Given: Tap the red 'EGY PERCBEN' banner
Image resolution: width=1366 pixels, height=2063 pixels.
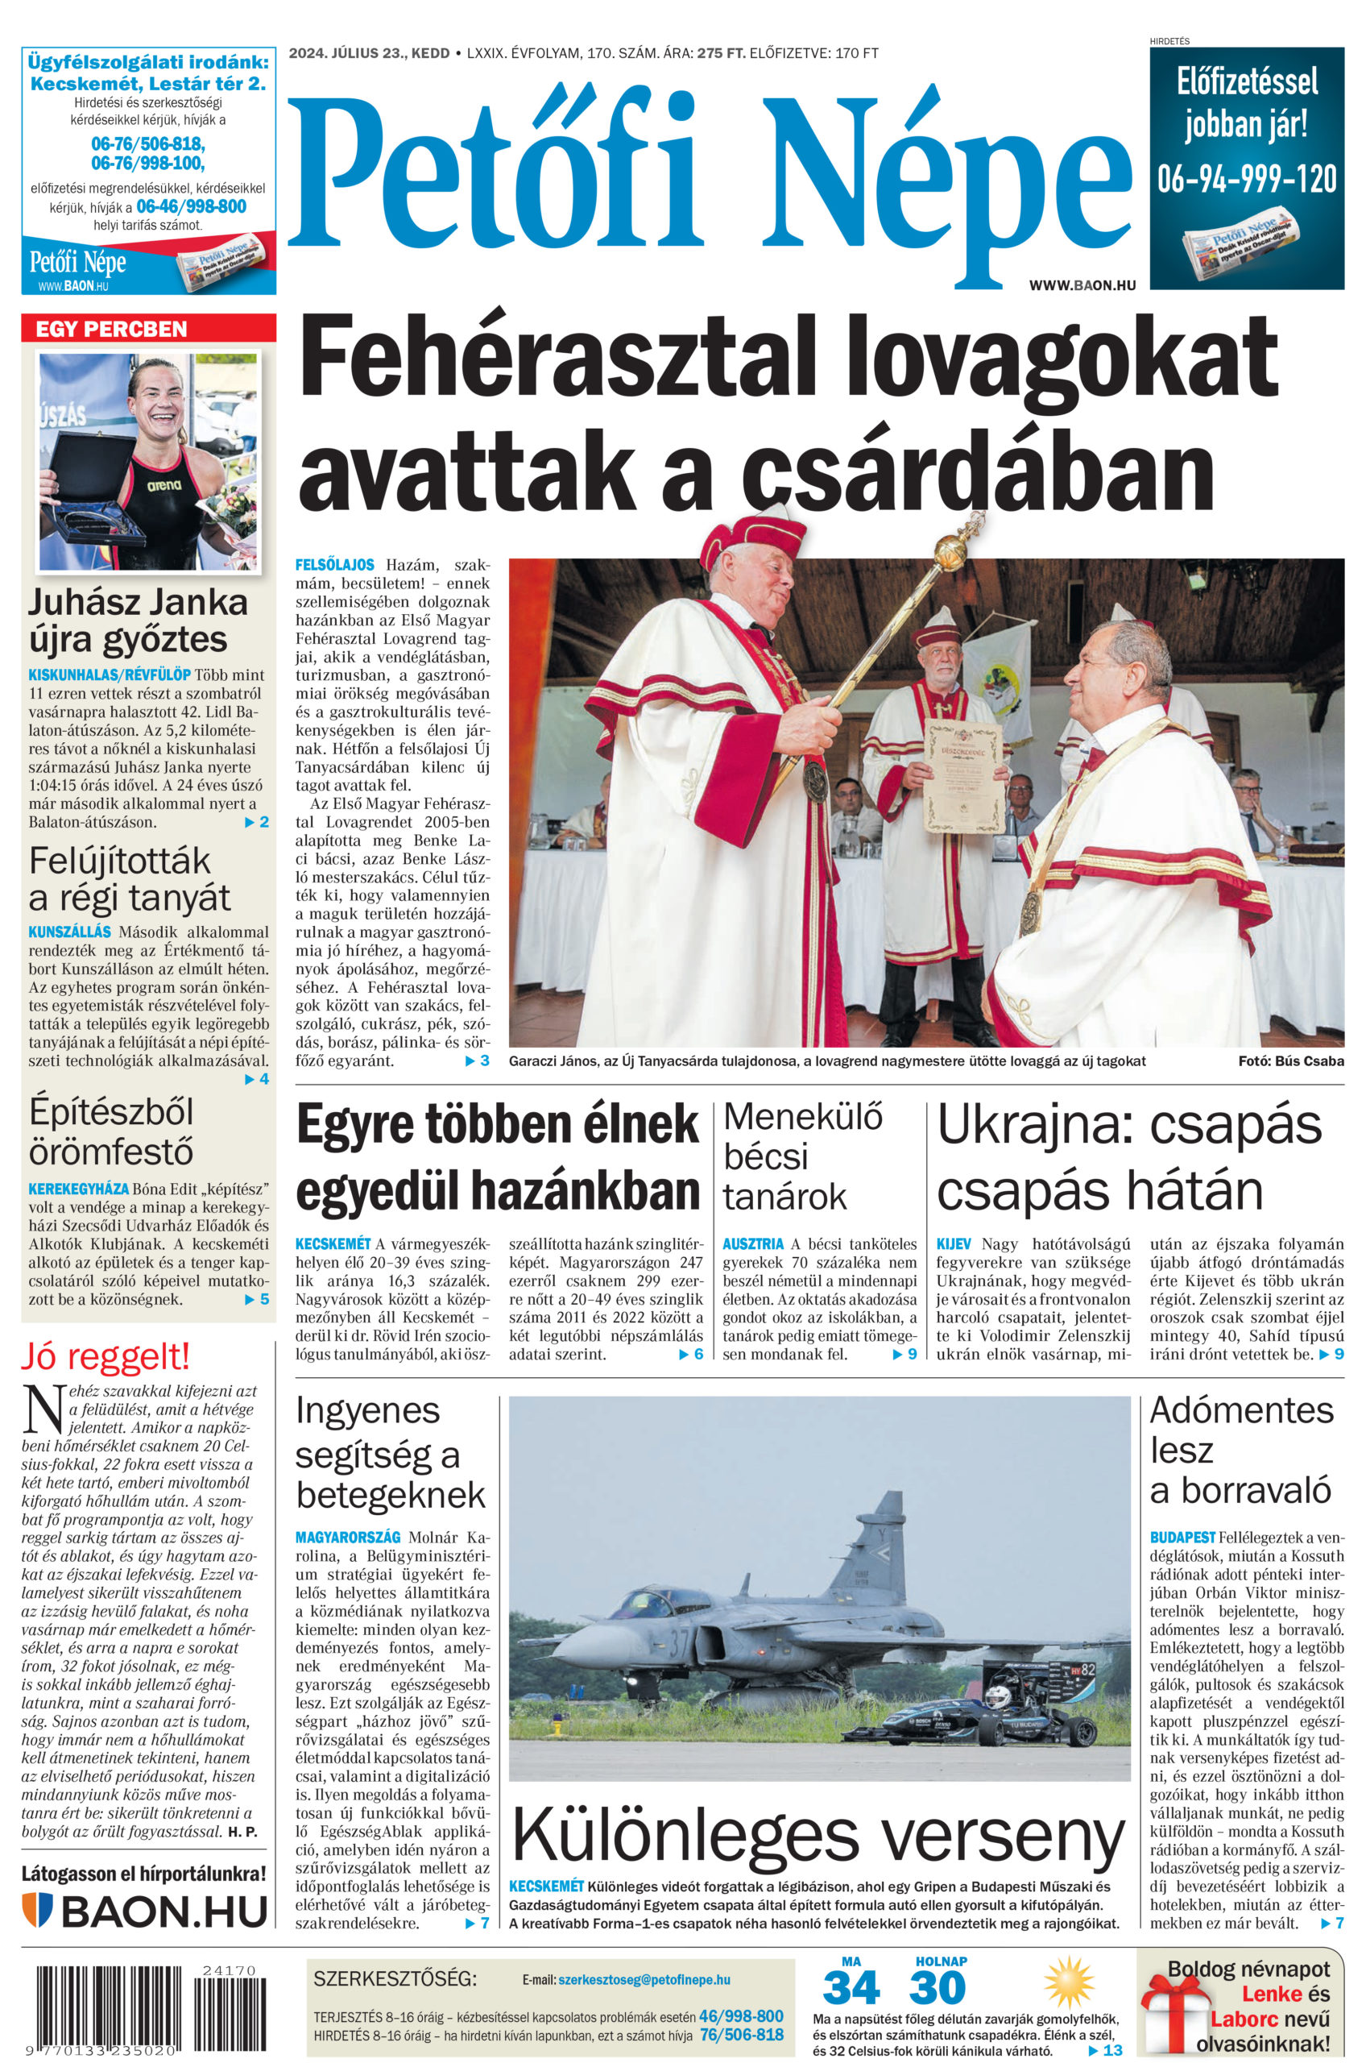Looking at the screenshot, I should [110, 329].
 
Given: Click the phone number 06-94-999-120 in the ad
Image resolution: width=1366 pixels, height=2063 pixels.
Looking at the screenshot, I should [1246, 179].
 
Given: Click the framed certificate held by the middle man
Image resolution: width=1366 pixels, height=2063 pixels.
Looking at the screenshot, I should [962, 777].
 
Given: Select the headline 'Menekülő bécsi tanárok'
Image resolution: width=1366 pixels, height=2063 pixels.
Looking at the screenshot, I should [801, 1156].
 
